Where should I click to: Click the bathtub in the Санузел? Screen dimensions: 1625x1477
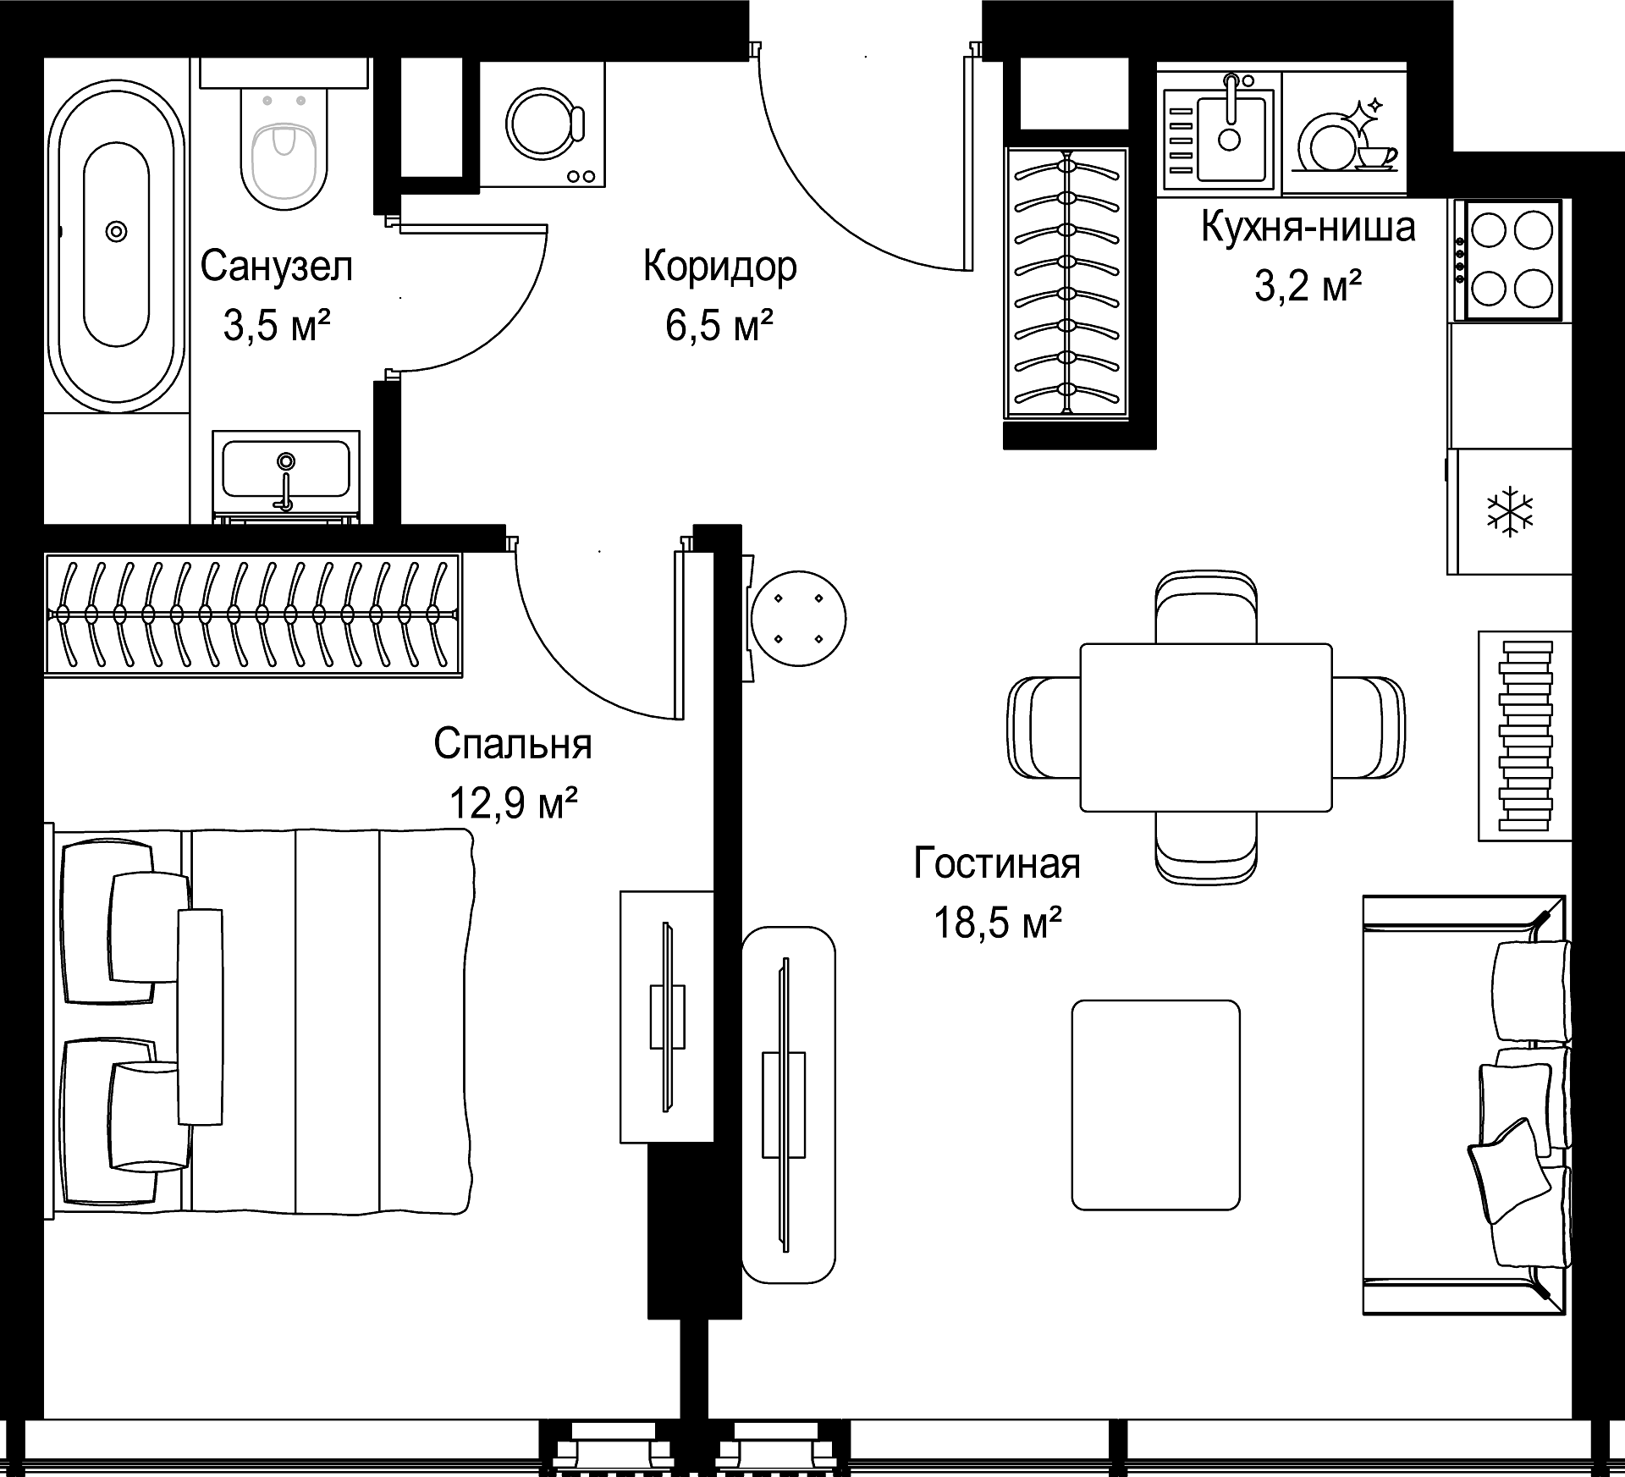click(116, 245)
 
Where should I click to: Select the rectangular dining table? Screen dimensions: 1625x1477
click(1206, 727)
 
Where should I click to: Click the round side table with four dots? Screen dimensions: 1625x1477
click(798, 619)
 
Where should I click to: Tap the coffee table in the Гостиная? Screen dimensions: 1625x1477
click(1156, 1105)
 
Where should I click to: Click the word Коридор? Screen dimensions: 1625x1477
click(720, 267)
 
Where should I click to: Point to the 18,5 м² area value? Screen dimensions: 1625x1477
click(998, 923)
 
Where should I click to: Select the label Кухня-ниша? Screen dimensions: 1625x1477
click(1308, 228)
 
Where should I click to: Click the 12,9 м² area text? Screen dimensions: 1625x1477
click(514, 802)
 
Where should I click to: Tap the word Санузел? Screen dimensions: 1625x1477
click(277, 267)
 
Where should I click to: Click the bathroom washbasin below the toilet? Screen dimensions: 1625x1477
click(286, 474)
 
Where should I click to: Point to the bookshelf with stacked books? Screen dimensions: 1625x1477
click(1525, 736)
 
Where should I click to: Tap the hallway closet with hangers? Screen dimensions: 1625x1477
click(1066, 283)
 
